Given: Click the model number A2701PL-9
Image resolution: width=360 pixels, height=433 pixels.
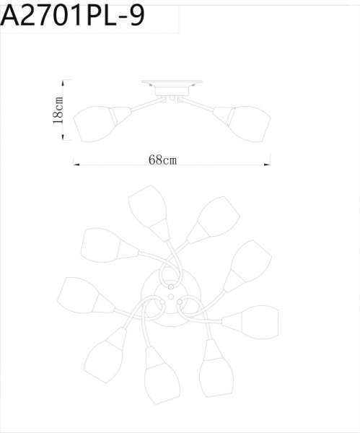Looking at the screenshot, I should (72, 17).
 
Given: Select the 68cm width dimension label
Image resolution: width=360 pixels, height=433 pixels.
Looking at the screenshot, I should (163, 160).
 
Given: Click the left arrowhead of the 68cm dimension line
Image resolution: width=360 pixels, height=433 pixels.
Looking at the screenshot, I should (76, 165).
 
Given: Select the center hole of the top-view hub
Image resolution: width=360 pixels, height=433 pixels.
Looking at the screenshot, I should (171, 294).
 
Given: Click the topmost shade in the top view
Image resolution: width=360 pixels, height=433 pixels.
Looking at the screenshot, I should (149, 206).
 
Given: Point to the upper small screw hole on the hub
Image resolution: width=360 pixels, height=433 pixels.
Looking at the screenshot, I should (171, 284).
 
